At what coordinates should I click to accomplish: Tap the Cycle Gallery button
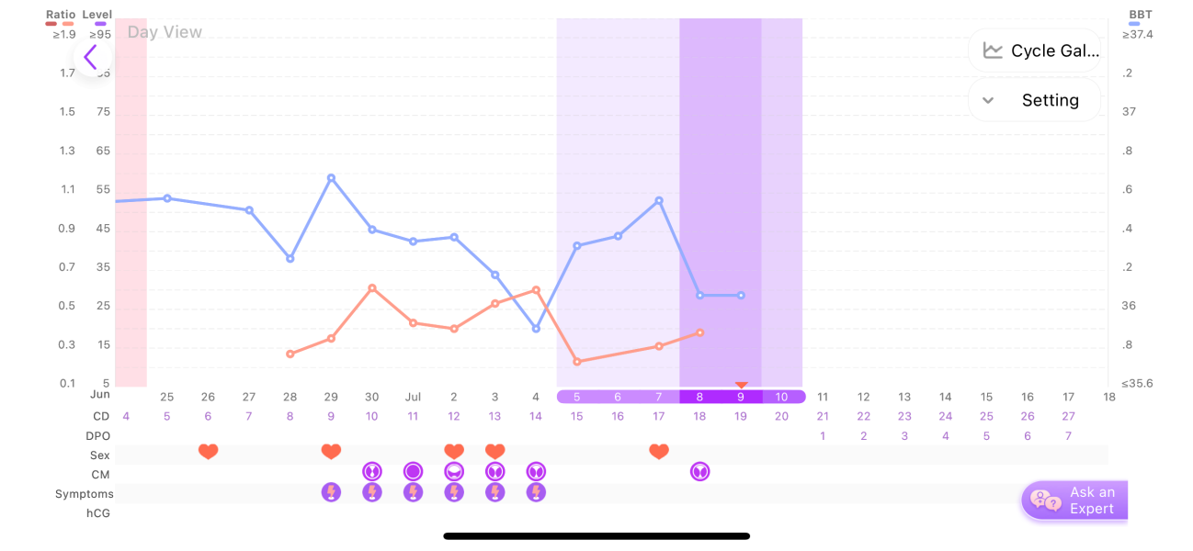click(1034, 51)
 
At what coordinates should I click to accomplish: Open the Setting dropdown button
click(1034, 100)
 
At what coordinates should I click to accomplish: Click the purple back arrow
click(91, 58)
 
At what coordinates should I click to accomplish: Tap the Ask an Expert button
click(1074, 500)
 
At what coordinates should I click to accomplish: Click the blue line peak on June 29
click(331, 177)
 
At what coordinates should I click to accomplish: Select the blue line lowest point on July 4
click(536, 329)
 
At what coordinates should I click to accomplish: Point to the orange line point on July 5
click(577, 362)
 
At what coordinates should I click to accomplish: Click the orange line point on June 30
click(372, 288)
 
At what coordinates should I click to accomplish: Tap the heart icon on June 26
click(209, 452)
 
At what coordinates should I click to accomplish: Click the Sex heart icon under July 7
click(659, 452)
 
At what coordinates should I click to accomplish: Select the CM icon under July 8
click(700, 472)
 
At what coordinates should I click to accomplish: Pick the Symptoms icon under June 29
click(331, 492)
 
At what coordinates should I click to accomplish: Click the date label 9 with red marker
click(742, 397)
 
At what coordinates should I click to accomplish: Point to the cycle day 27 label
click(1068, 416)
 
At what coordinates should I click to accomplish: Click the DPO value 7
click(1068, 435)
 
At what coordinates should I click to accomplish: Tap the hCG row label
click(98, 513)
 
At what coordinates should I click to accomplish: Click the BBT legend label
click(1141, 15)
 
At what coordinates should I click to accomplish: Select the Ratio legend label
click(61, 15)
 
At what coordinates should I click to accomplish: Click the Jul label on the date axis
click(414, 397)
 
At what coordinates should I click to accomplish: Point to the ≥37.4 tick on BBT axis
click(1138, 35)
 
